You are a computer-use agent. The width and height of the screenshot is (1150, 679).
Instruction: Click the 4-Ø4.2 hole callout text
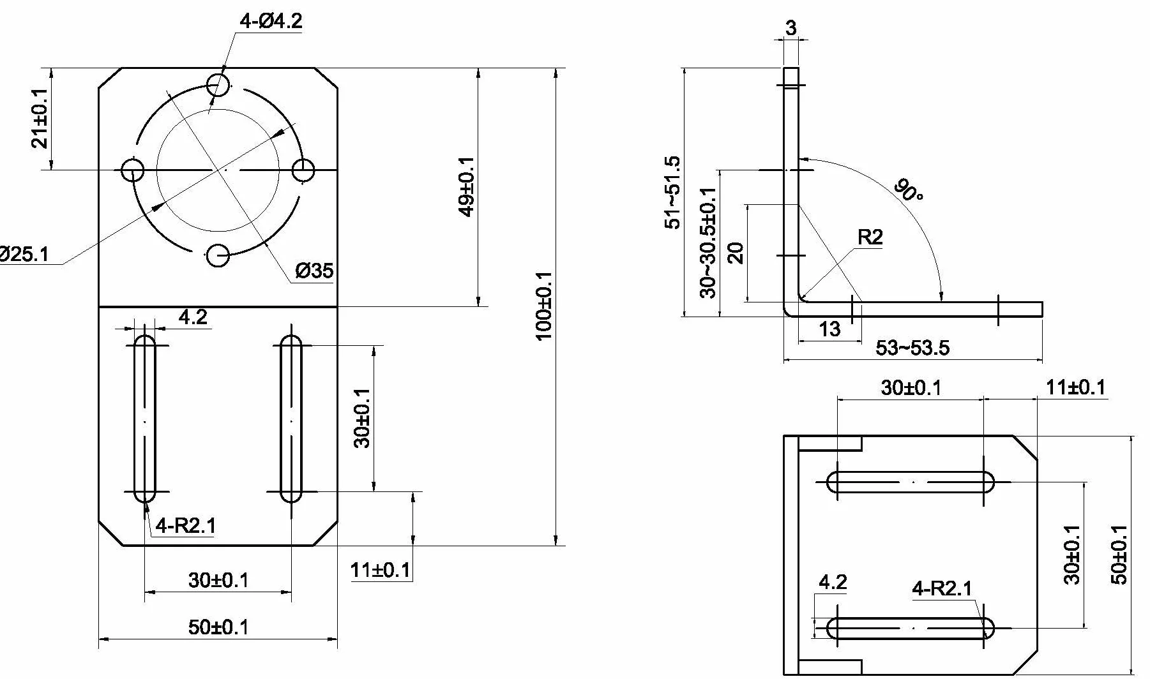click(x=271, y=21)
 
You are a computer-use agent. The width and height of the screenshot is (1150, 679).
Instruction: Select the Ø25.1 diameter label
click(x=24, y=255)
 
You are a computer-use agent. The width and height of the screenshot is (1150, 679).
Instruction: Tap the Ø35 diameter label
click(x=314, y=271)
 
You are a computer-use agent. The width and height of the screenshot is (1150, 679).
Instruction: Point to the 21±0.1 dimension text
click(x=40, y=119)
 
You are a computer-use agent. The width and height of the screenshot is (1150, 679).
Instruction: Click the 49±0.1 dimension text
click(x=467, y=186)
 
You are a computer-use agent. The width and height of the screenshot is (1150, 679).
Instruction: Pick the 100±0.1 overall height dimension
click(x=544, y=306)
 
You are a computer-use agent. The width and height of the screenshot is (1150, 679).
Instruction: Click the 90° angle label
click(x=909, y=190)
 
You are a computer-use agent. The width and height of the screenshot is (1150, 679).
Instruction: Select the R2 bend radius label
click(x=870, y=237)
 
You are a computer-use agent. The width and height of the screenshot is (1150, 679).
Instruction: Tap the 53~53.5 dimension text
click(x=912, y=348)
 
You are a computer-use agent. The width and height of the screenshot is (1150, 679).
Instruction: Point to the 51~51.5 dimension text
click(x=673, y=192)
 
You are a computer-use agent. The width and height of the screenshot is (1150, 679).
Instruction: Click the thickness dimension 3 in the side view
click(x=791, y=28)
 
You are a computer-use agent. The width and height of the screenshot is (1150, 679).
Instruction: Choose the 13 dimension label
click(x=829, y=329)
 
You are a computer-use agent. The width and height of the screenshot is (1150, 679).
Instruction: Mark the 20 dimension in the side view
click(x=736, y=253)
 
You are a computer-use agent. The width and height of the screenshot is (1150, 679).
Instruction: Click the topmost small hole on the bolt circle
click(x=218, y=84)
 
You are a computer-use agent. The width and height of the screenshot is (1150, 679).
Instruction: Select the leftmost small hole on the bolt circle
click(x=133, y=170)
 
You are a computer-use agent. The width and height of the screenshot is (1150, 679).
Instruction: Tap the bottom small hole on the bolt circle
click(x=218, y=256)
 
